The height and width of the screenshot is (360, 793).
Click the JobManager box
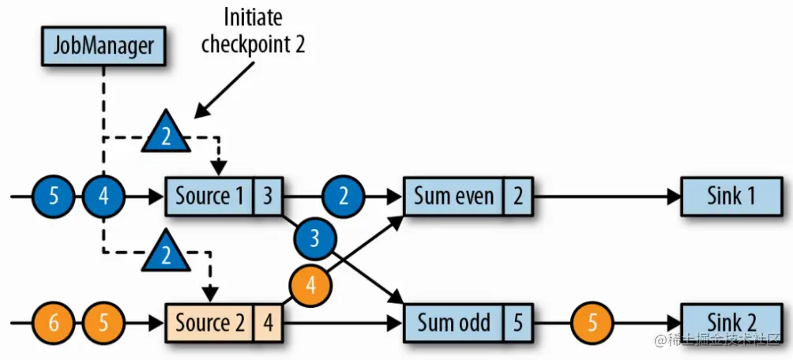[x=103, y=46]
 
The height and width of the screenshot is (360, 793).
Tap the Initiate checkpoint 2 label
[x=253, y=31]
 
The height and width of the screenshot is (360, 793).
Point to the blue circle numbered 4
[x=103, y=196]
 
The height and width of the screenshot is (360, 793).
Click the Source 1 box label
[x=209, y=196]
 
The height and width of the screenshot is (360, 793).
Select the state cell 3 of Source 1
[x=268, y=196]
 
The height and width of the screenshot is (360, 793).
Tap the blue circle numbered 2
[x=343, y=196]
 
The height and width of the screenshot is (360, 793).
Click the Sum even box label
[x=453, y=196]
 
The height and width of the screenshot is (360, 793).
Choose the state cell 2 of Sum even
[x=517, y=196]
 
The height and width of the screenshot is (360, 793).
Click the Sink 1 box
[x=730, y=196]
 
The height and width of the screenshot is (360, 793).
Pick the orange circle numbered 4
[x=310, y=285]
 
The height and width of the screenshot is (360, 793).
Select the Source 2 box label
[x=209, y=322]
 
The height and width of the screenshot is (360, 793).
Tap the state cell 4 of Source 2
[x=268, y=322]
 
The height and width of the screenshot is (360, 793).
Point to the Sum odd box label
[x=453, y=322]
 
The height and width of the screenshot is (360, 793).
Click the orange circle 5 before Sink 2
[x=590, y=322]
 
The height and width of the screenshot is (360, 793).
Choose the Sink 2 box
[x=730, y=322]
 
